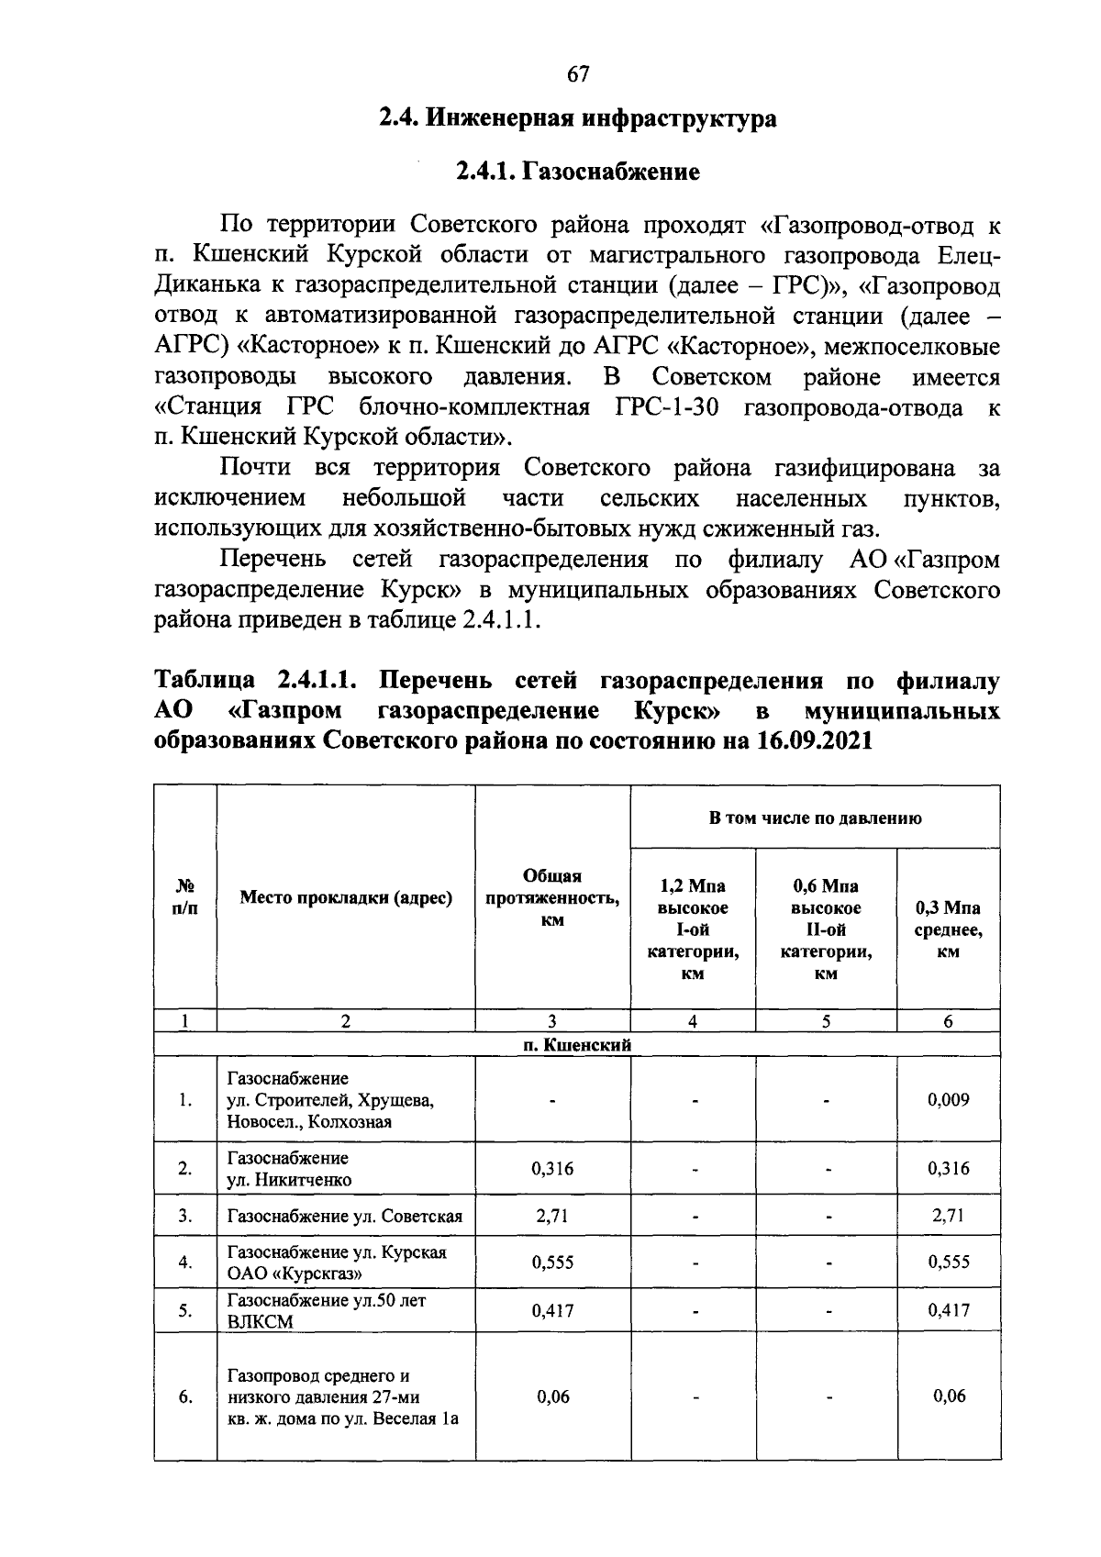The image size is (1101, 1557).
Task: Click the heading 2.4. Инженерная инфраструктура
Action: click(578, 119)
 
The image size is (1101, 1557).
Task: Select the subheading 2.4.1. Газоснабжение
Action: click(578, 172)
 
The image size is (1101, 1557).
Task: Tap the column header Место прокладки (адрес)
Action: click(346, 898)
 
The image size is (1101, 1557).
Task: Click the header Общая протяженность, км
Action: click(552, 898)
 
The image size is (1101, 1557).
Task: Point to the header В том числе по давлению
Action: click(815, 817)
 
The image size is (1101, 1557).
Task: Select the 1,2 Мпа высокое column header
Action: click(693, 929)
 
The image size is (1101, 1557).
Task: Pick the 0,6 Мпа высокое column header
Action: click(826, 929)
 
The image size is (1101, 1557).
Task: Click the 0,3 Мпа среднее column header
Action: click(949, 929)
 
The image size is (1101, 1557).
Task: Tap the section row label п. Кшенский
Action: click(578, 1045)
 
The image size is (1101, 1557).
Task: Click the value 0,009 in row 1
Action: click(949, 1099)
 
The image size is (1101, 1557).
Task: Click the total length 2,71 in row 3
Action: click(552, 1216)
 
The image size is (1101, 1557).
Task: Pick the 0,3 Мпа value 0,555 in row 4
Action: click(949, 1262)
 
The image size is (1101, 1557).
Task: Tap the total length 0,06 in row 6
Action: click(552, 1396)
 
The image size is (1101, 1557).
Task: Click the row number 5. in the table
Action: click(185, 1311)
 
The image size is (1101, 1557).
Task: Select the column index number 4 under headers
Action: click(693, 1021)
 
